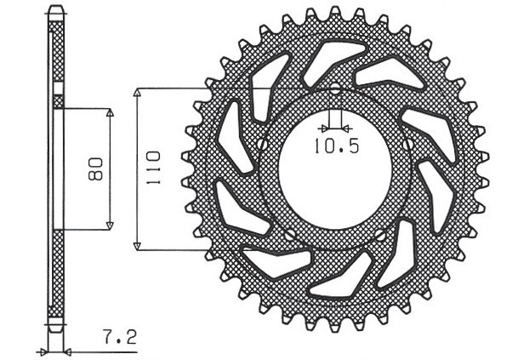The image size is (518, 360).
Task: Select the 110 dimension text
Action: point(153,168)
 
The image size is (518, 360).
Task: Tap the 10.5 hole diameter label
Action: point(335,146)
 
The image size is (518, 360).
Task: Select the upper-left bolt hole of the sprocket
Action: point(264,145)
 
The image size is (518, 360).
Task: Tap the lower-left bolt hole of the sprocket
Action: point(290,232)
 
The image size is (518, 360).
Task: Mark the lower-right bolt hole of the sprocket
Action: point(380,231)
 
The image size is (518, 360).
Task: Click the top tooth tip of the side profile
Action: point(56,10)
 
